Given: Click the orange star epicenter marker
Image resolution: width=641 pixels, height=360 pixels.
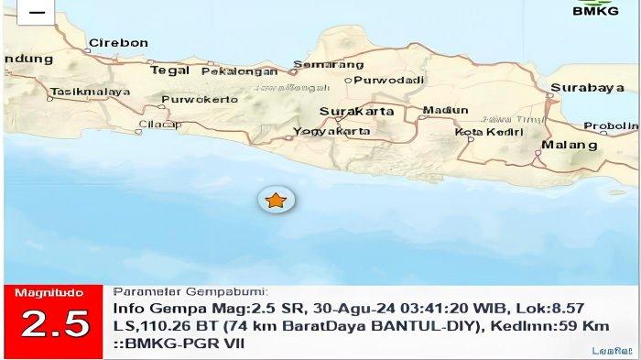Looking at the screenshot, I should [276, 199].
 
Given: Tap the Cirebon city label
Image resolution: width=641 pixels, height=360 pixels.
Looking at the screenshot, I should [118, 43].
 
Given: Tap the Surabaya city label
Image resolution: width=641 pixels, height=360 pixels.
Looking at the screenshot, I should [581, 88].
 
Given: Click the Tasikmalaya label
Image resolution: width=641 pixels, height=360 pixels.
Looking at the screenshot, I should [81, 93].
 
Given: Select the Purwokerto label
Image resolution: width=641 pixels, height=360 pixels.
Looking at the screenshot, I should [192, 99].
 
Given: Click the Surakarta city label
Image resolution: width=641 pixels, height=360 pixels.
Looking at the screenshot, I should [357, 112].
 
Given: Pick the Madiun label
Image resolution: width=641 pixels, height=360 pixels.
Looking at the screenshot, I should [444, 111].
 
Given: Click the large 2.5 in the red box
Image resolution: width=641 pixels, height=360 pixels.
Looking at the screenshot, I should [55, 324].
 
